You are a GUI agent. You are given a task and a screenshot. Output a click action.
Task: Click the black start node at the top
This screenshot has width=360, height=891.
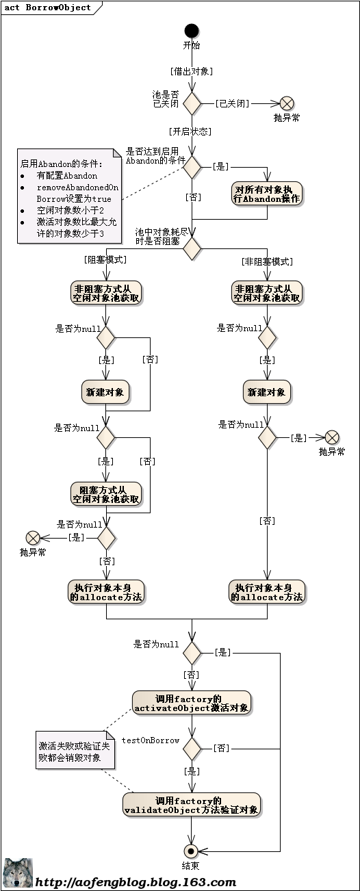pyautogui.click(x=192, y=31)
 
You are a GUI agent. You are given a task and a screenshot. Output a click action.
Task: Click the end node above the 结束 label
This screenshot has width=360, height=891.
pyautogui.click(x=192, y=851)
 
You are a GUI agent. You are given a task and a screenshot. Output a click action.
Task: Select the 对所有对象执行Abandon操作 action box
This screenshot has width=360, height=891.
pyautogui.click(x=267, y=194)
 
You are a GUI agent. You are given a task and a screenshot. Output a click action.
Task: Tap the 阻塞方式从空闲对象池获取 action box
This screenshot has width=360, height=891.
pyautogui.click(x=106, y=494)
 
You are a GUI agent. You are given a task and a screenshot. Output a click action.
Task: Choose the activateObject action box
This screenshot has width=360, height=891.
pyautogui.click(x=192, y=703)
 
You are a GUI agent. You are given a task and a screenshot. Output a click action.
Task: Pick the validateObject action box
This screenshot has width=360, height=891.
pyautogui.click(x=192, y=805)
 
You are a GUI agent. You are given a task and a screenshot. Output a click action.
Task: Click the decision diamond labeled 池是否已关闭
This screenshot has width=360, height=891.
pyautogui.click(x=192, y=103)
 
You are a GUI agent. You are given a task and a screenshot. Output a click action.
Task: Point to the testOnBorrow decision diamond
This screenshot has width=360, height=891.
pyautogui.click(x=192, y=748)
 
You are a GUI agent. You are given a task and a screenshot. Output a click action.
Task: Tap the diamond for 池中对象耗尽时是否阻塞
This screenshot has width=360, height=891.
pyautogui.click(x=192, y=248)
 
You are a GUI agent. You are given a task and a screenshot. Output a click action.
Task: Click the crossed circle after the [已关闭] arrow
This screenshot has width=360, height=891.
pyautogui.click(x=287, y=103)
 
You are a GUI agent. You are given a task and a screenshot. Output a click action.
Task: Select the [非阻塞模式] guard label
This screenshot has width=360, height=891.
pyautogui.click(x=267, y=261)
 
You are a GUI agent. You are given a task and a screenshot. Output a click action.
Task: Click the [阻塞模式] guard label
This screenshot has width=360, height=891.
pyautogui.click(x=105, y=259)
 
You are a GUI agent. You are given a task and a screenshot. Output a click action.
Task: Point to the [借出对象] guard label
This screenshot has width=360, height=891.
pyautogui.click(x=192, y=70)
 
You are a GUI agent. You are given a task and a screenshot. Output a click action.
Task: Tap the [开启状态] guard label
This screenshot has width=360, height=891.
pyautogui.click(x=190, y=130)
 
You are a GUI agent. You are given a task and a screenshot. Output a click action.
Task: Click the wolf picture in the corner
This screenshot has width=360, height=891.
pyautogui.click(x=18, y=874)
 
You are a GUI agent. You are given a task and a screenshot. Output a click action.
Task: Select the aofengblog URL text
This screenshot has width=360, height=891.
pyautogui.click(x=136, y=882)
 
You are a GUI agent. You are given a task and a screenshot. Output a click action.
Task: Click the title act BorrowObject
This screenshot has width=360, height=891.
pyautogui.click(x=48, y=8)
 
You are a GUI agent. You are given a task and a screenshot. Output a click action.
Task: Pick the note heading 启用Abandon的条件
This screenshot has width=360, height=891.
pyautogui.click(x=62, y=164)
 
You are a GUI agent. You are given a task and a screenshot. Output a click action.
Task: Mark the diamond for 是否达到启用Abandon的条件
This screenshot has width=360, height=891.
pyautogui.click(x=192, y=166)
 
